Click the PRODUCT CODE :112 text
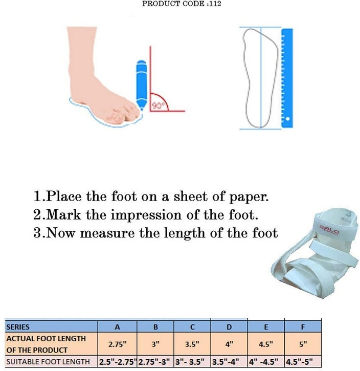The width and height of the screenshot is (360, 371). point(181,4)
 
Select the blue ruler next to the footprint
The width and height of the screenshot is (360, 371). point(287,77)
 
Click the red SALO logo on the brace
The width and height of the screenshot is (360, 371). point(330,229)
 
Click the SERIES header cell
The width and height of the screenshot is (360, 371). point(18,326)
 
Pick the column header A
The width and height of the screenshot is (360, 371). point(117,326)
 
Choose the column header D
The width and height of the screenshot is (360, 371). point(229,326)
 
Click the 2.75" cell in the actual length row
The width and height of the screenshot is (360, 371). point(117,344)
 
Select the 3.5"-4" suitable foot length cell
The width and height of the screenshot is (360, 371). point(229,362)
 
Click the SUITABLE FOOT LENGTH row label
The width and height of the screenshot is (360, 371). point(49,362)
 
